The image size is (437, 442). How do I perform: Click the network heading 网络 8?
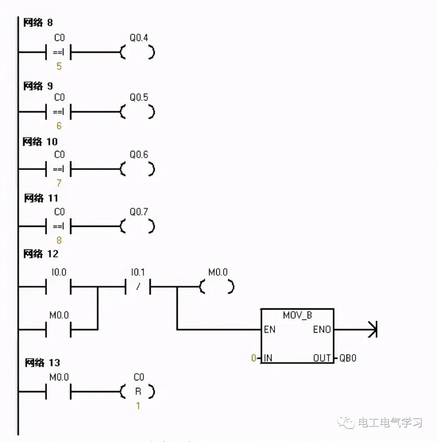(x=38, y=22)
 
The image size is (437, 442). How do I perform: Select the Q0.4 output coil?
(x=138, y=53)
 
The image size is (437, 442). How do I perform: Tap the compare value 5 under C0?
(x=59, y=66)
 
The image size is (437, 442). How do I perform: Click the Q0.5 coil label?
(x=138, y=98)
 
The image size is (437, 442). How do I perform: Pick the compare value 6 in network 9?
(x=59, y=126)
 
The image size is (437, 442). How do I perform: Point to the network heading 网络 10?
(x=40, y=142)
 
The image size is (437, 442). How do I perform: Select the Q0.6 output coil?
(x=138, y=169)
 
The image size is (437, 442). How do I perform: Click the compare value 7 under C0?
(x=59, y=183)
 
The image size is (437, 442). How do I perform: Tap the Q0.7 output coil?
(x=138, y=226)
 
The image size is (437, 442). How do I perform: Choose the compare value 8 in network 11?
(x=59, y=240)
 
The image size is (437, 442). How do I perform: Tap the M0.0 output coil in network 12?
(x=217, y=288)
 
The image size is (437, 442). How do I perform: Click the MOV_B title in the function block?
(x=297, y=315)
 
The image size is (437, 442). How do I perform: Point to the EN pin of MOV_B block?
(x=269, y=329)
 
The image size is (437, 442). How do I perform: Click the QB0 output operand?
(x=348, y=358)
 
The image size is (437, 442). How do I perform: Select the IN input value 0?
(x=253, y=358)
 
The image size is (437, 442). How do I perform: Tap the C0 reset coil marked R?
(x=138, y=392)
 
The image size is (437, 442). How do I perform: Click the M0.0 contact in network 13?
(x=59, y=392)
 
